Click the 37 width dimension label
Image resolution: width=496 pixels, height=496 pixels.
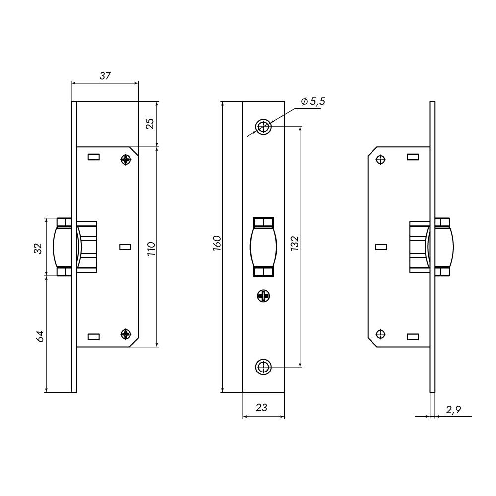click(x=105, y=76)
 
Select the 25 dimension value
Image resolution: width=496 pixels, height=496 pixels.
click(x=151, y=124)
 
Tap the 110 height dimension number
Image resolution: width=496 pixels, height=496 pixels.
click(x=151, y=248)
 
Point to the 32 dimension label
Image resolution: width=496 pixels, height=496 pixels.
click(x=38, y=248)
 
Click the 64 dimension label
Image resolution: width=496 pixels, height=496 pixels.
click(x=40, y=336)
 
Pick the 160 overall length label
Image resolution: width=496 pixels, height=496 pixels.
click(x=217, y=243)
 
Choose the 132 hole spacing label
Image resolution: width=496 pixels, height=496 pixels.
click(x=294, y=243)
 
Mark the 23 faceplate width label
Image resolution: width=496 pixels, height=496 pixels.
click(x=261, y=407)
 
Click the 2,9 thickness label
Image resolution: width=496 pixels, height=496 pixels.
click(x=453, y=410)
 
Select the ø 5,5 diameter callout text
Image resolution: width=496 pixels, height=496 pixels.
click(x=313, y=101)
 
